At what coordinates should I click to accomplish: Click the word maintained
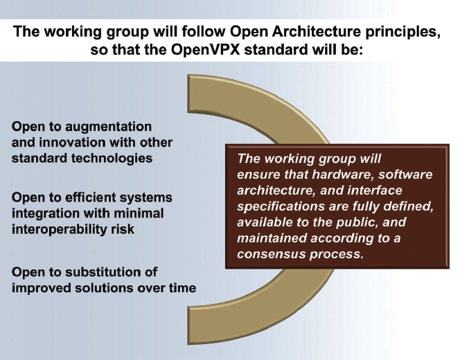(269, 238)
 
